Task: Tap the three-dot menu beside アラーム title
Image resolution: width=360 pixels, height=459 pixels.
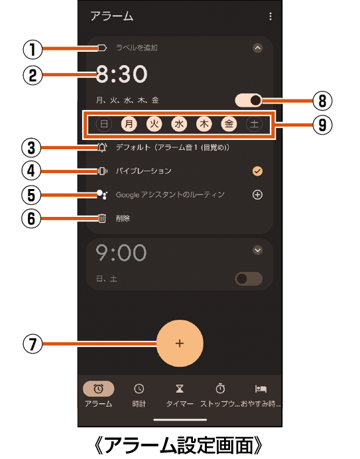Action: pyautogui.click(x=270, y=17)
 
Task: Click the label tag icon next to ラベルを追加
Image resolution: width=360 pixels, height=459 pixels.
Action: pyautogui.click(x=102, y=48)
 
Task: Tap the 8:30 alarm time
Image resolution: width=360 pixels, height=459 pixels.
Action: pyautogui.click(x=121, y=74)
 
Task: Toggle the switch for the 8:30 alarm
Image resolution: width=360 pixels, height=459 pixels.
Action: pyautogui.click(x=249, y=100)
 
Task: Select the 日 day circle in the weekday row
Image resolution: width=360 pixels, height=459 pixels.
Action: pyautogui.click(x=104, y=124)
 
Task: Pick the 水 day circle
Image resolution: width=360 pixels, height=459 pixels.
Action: pyautogui.click(x=179, y=124)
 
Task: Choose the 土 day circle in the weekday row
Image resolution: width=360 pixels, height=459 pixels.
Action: pyautogui.click(x=254, y=124)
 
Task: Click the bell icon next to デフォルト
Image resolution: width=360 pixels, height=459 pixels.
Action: pyautogui.click(x=102, y=147)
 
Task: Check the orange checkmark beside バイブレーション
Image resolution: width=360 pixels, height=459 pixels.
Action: pyautogui.click(x=257, y=171)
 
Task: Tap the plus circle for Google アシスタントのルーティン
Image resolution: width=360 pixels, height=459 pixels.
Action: pyautogui.click(x=257, y=194)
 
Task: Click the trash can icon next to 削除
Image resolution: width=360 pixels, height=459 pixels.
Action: pyautogui.click(x=102, y=218)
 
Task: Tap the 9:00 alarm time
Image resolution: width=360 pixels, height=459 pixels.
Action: pyautogui.click(x=121, y=253)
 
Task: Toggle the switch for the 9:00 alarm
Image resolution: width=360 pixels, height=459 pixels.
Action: pyautogui.click(x=249, y=279)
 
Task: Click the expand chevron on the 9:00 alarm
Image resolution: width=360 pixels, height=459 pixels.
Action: pyautogui.click(x=257, y=250)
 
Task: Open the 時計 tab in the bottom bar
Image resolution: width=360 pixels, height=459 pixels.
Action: pyautogui.click(x=139, y=395)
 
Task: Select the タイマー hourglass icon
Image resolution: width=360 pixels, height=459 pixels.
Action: pyautogui.click(x=180, y=389)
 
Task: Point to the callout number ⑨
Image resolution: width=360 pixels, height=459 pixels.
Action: pyautogui.click(x=322, y=125)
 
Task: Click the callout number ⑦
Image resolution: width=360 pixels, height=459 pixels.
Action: pyautogui.click(x=32, y=344)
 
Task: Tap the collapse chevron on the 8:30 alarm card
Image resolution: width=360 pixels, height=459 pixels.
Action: pyautogui.click(x=257, y=48)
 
